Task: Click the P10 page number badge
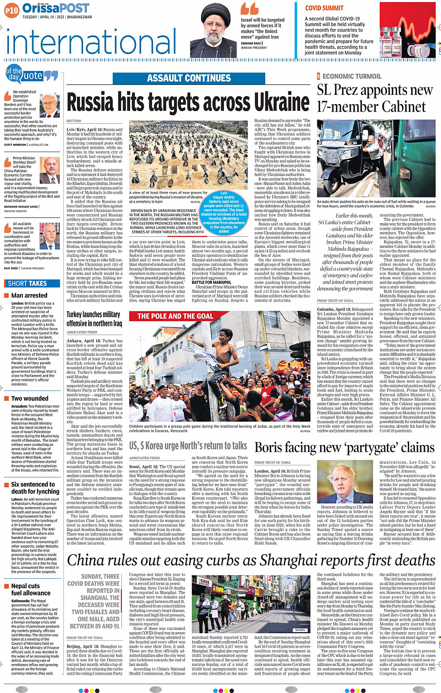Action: click(11, 9)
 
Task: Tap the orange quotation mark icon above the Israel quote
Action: click(249, 9)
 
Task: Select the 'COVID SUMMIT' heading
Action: click(324, 8)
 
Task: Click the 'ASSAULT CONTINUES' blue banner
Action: click(189, 78)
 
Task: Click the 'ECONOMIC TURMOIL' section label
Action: click(351, 76)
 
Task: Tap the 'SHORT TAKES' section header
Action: click(27, 283)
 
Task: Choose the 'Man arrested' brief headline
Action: click(29, 295)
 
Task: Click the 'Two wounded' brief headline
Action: click(29, 398)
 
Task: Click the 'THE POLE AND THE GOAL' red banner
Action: click(175, 316)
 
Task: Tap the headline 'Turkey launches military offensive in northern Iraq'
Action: click(94, 319)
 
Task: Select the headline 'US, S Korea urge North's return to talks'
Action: click(188, 446)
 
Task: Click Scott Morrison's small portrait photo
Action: click(50, 105)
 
